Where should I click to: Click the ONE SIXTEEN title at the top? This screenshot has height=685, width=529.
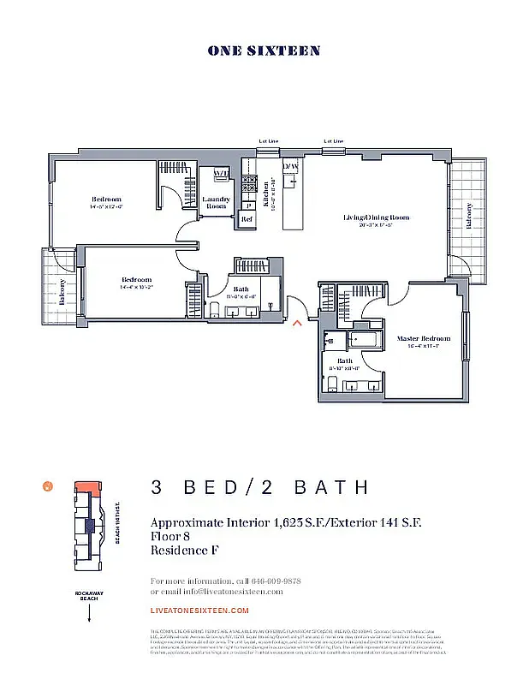[264, 51]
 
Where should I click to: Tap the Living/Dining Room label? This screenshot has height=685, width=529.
[376, 217]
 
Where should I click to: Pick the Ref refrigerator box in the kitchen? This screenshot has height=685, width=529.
[247, 219]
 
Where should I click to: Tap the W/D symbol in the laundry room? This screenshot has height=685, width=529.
[220, 175]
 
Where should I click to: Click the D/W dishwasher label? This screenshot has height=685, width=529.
[291, 165]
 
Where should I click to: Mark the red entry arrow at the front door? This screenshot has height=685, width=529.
[297, 323]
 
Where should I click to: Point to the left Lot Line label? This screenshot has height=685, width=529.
[269, 140]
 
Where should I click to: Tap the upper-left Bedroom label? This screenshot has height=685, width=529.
[106, 200]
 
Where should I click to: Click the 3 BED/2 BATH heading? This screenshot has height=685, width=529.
[259, 488]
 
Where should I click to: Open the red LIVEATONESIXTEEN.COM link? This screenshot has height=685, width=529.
[199, 611]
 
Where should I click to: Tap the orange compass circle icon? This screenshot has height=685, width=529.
[48, 486]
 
